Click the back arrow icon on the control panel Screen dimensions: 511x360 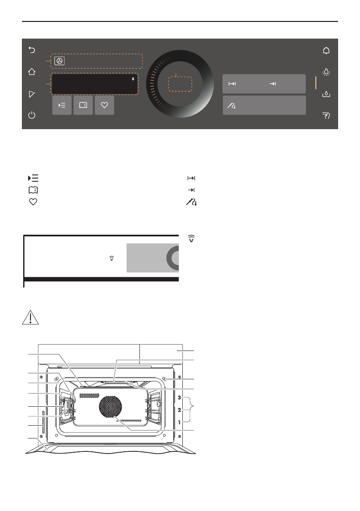click(32, 50)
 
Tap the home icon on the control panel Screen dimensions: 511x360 click(32, 72)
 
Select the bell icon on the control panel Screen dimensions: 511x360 click(327, 51)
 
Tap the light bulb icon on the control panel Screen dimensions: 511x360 click(327, 72)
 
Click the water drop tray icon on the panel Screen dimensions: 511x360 click(327, 94)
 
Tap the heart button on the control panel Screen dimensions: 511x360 click(104, 106)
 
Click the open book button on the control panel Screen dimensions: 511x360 click(83, 106)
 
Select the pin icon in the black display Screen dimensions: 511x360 click(133, 79)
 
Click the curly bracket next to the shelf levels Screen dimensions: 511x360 click(192, 410)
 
